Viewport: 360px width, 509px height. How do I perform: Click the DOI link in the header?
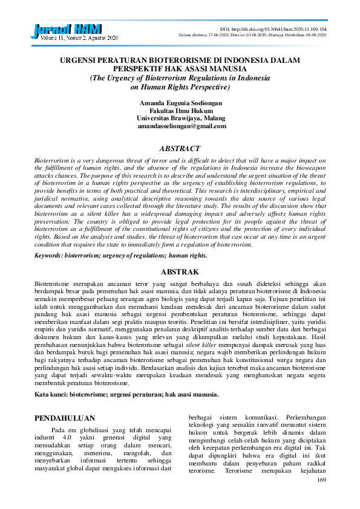273,29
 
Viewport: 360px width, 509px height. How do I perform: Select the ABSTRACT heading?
180,148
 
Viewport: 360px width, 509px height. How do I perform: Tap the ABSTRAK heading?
180,272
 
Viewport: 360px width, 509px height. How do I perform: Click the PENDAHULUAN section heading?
64,418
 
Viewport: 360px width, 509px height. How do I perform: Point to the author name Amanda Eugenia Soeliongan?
180,103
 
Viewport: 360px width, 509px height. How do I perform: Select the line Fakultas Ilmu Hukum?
180,111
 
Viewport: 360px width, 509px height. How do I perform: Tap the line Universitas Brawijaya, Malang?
180,118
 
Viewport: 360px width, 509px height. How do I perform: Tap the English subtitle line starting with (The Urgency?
180,78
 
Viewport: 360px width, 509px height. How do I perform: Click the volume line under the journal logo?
72,38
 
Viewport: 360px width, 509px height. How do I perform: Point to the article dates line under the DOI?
252,35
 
